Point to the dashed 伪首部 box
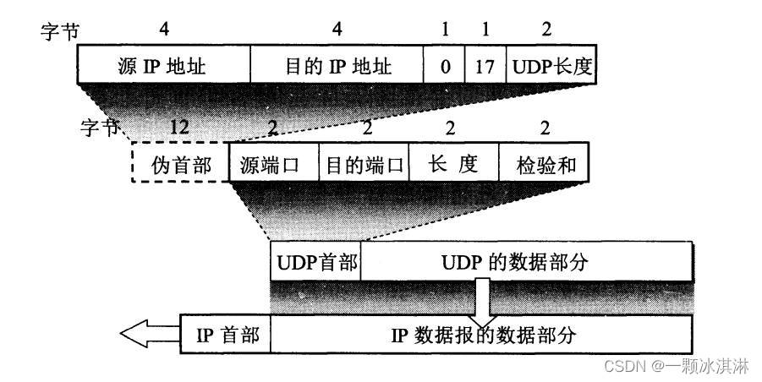[x=179, y=164]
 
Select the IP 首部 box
[x=224, y=335]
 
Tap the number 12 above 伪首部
[x=178, y=129]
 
